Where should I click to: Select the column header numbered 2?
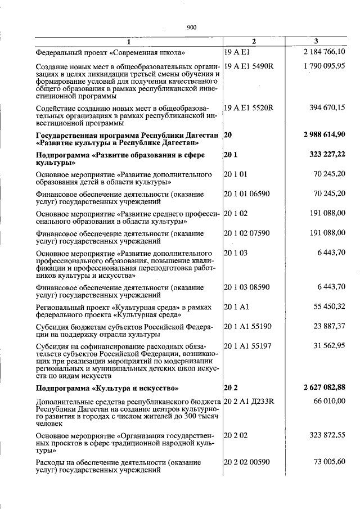tap(254, 42)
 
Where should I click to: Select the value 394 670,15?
tap(327, 107)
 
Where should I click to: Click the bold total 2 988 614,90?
tap(323, 135)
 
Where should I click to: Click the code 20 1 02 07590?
tap(246, 233)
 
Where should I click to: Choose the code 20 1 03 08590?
tap(246, 287)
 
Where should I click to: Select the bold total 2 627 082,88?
tap(323, 388)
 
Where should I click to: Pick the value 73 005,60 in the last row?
tap(329, 462)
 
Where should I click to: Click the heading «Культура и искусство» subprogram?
tap(107, 388)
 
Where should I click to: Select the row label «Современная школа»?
tap(110, 52)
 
